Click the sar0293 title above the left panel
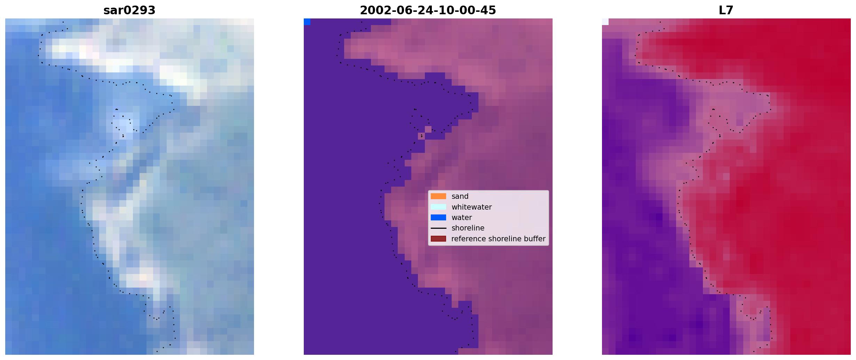coord(129,10)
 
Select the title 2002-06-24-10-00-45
coord(428,10)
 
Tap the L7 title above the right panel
coord(726,10)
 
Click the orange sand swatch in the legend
coord(438,196)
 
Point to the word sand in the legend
coord(460,196)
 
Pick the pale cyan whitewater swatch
coord(438,207)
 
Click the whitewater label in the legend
coord(471,207)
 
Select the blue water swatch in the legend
coord(438,218)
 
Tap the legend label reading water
coord(462,218)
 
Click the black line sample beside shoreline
coord(438,228)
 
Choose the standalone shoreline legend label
coord(468,228)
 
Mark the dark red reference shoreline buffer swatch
coord(438,239)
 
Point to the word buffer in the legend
coord(535,239)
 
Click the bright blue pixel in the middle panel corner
coord(307,22)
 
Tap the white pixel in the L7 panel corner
coord(605,22)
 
